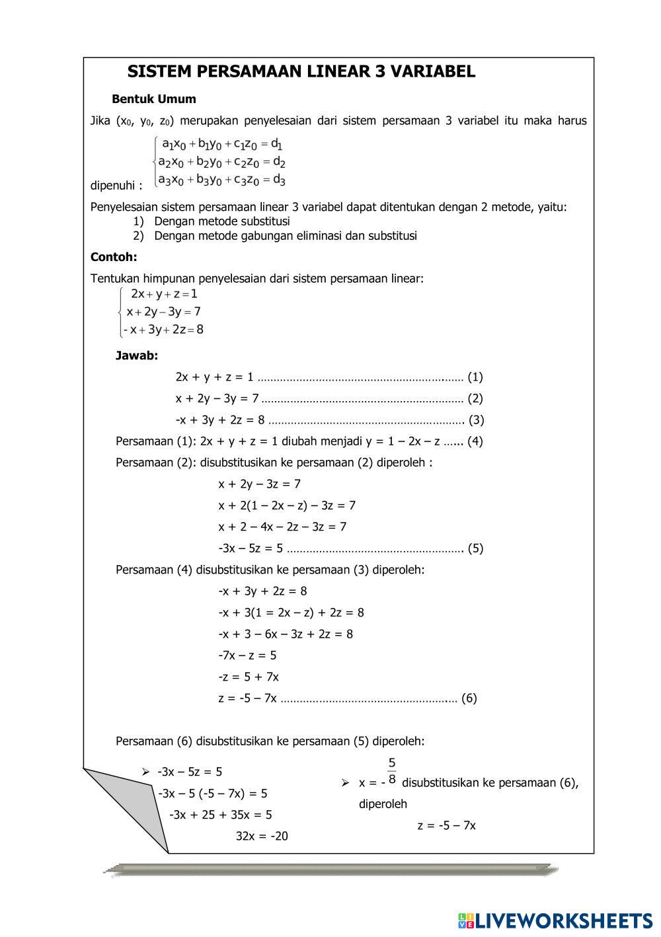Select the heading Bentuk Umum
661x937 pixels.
154,99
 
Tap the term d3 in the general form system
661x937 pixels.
278,179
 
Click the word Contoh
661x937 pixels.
114,257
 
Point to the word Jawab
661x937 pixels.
137,356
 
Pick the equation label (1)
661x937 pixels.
475,377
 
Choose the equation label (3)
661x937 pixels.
476,420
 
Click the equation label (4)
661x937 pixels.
475,441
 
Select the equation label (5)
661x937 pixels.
475,548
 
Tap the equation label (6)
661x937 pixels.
469,698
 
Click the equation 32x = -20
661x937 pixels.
262,836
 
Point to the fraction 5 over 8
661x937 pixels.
392,771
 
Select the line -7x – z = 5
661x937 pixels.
247,656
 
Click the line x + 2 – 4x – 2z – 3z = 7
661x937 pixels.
282,527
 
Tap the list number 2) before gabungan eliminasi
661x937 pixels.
138,236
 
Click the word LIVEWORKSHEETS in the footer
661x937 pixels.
564,920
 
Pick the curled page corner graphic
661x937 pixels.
126,806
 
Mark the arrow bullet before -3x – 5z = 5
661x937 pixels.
145,772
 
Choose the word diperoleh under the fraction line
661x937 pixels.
383,804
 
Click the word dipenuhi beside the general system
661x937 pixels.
116,186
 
